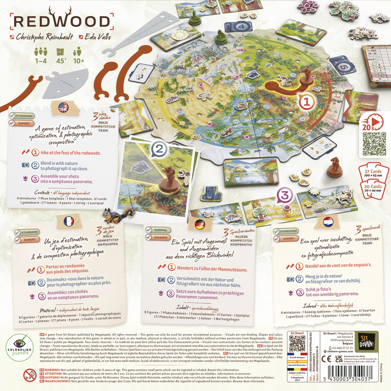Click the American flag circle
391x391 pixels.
63,107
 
